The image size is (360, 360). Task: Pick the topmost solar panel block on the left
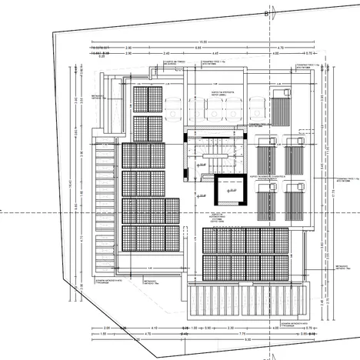[x=143, y=99]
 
